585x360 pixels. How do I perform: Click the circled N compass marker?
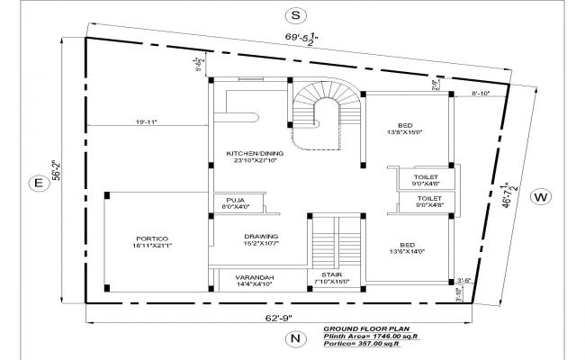292,338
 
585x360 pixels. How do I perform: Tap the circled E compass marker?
38,184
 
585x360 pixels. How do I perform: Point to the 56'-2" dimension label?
54,170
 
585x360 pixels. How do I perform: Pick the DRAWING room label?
261,239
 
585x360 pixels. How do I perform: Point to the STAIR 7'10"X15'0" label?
332,279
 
